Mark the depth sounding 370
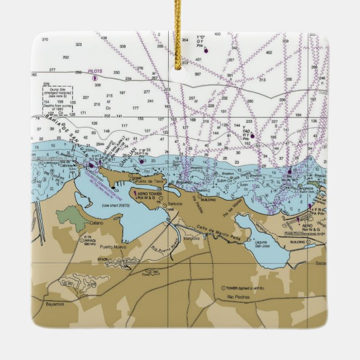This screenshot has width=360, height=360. coord(45,39)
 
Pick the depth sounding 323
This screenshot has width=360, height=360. coord(78,44)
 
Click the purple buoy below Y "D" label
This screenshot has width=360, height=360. coord(206,51)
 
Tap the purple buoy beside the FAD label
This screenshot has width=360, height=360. coord(252,136)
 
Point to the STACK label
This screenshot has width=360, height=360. coord(103,259)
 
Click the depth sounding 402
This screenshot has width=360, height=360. coord(269,53)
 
